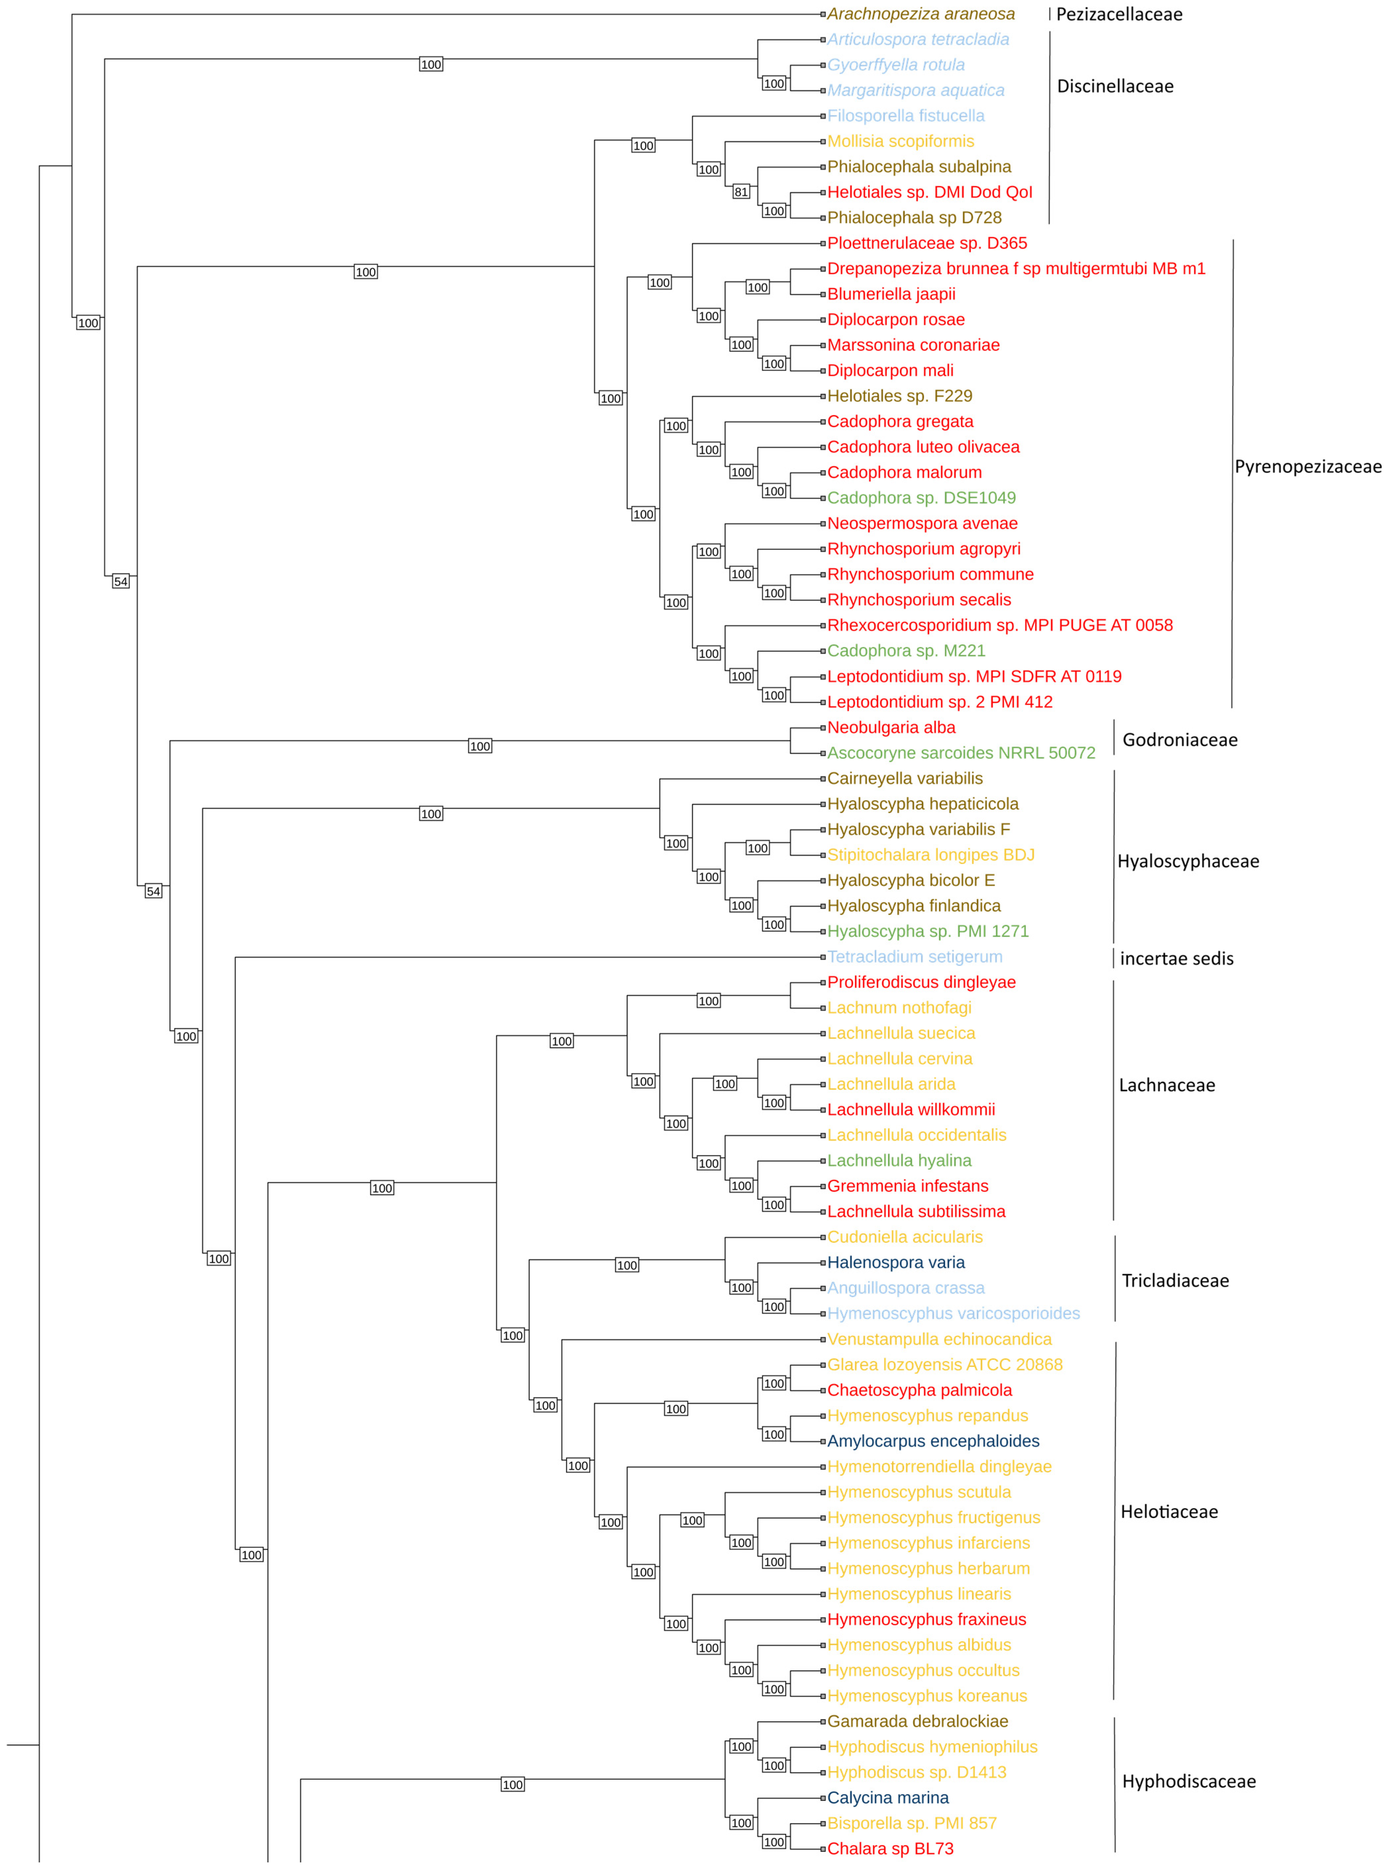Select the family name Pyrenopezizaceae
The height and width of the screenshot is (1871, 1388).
1307,467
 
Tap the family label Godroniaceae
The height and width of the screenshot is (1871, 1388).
1180,740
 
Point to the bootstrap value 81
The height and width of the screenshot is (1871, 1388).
740,192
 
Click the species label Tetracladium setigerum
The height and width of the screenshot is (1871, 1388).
914,957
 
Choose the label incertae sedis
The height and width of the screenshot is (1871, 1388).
1176,959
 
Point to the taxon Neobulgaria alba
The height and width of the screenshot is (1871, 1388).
891,728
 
